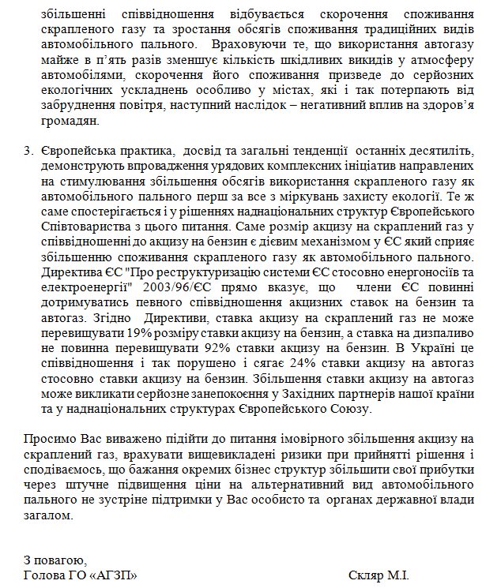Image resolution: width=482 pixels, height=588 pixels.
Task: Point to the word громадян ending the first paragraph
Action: (x=69, y=120)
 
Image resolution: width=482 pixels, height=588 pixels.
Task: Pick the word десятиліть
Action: (x=442, y=150)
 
